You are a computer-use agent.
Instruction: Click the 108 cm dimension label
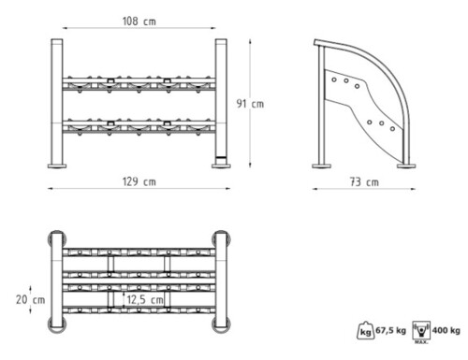click(x=139, y=22)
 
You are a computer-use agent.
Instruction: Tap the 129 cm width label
click(x=139, y=181)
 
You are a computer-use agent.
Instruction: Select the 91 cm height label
click(x=250, y=104)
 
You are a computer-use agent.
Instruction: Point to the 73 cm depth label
click(x=364, y=181)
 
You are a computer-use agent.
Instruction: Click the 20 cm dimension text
click(x=31, y=300)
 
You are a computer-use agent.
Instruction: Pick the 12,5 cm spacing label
click(x=145, y=300)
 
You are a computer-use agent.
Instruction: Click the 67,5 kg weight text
click(x=390, y=330)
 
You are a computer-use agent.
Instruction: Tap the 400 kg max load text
click(x=446, y=330)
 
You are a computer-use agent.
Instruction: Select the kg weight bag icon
click(x=365, y=330)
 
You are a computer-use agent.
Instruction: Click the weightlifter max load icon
click(x=421, y=331)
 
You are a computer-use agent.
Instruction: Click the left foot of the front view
click(x=57, y=166)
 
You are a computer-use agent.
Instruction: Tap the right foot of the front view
click(x=221, y=166)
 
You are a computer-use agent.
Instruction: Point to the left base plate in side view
click(x=322, y=166)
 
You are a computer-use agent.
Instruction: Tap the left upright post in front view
click(x=57, y=102)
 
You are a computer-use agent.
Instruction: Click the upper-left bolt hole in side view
click(x=334, y=79)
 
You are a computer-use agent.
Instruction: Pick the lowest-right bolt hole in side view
click(x=392, y=129)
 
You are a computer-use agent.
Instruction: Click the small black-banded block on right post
click(x=221, y=159)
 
